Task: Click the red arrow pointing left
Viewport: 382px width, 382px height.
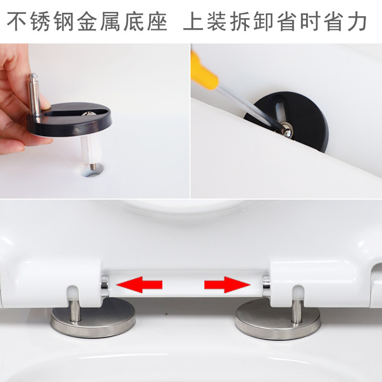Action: [139, 285]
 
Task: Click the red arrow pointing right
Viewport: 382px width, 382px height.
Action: [227, 285]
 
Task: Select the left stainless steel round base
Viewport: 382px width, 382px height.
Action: [93, 319]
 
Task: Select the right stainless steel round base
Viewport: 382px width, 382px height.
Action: [278, 319]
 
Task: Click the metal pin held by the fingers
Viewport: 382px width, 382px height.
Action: [34, 97]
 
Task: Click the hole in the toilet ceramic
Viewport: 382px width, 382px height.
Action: [92, 170]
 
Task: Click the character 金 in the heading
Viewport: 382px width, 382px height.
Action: [87, 21]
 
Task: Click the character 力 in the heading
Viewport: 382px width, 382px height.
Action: [357, 21]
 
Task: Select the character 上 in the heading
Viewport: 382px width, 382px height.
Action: [193, 21]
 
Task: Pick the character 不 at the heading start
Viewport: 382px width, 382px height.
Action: [17, 21]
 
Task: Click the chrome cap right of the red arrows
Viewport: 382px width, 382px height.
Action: [266, 286]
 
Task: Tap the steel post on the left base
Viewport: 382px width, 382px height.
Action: [75, 312]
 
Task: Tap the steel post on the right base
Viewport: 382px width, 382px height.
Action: [297, 312]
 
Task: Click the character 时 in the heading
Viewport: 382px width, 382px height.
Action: [309, 21]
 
